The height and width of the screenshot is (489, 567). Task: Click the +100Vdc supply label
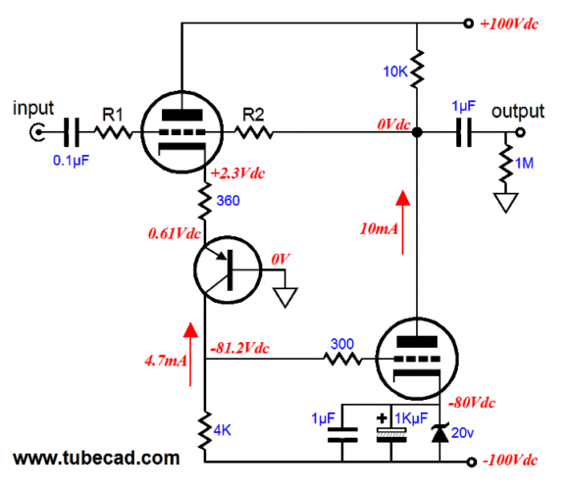coord(509,24)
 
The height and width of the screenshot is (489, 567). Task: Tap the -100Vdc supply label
coord(510,461)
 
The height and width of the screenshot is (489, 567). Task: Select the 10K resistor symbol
coord(417,69)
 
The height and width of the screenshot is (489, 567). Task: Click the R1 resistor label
coord(113,115)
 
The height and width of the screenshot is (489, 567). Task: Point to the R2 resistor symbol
coord(254,132)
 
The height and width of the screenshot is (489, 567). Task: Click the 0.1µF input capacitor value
coord(71,160)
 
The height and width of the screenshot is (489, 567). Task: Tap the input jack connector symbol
coord(37,132)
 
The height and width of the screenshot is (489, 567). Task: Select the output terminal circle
coord(520,132)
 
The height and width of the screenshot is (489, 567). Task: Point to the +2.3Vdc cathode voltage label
coord(237,173)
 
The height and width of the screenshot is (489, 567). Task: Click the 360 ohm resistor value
coord(228,201)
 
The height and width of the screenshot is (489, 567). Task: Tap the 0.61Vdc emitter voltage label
coord(175,233)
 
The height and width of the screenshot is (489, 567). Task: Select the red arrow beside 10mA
coord(403,222)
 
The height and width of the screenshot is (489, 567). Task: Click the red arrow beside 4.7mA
coord(190,355)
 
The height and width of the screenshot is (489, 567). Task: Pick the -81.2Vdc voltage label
coord(239,348)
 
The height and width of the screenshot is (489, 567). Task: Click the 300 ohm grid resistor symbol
coord(341,359)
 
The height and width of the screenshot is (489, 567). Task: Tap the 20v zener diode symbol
coord(439,433)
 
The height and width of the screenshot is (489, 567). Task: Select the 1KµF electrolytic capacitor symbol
coord(391,435)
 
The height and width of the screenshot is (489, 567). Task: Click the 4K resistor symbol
coord(205,430)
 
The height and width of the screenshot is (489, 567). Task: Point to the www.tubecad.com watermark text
coord(96,459)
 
